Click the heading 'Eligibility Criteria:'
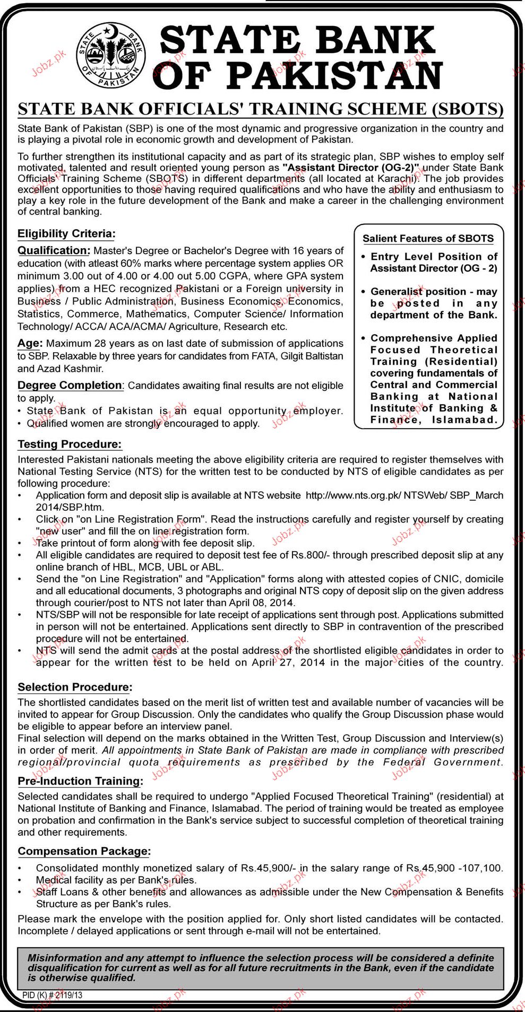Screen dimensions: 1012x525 tap(66, 233)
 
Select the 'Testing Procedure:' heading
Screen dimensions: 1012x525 tap(70, 444)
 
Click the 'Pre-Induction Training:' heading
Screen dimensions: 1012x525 tap(81, 781)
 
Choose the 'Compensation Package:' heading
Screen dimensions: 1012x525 tap(84, 851)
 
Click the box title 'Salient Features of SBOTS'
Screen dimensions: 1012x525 tap(428, 239)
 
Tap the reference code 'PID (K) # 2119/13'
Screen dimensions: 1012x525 tap(53, 995)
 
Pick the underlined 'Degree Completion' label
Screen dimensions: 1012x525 tap(70, 385)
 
